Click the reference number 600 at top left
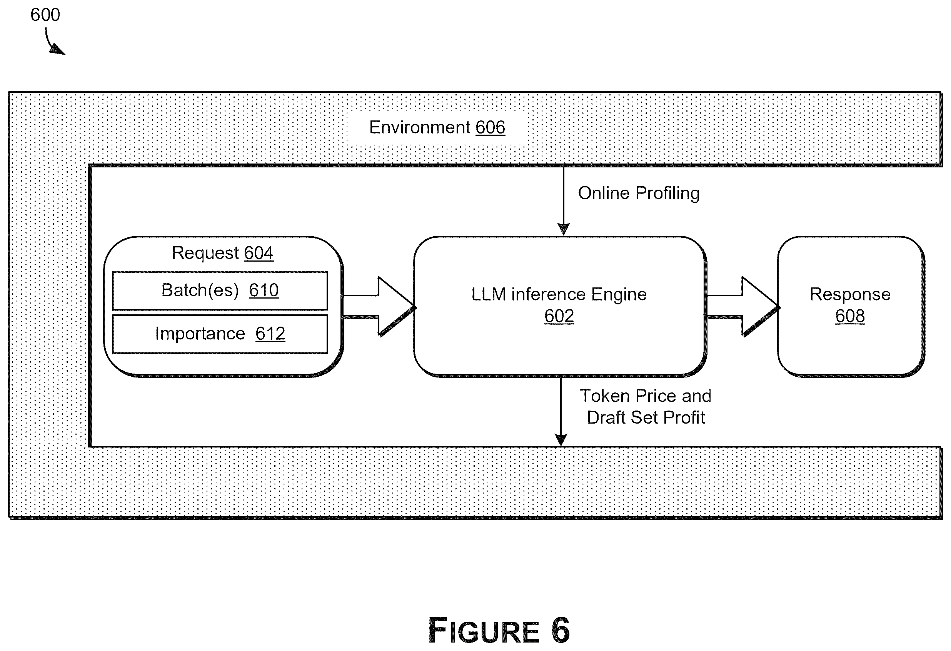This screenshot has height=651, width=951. (x=45, y=15)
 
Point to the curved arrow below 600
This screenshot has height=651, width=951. (x=51, y=43)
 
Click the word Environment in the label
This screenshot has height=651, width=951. (x=420, y=127)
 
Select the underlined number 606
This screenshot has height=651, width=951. (x=490, y=127)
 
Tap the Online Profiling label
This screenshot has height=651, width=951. (x=639, y=194)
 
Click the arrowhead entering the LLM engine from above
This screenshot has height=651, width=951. (x=564, y=230)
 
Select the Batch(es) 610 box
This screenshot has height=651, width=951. (x=220, y=290)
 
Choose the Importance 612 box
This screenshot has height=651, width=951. (x=220, y=334)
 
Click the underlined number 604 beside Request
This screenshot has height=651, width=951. (x=259, y=253)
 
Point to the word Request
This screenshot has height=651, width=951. (x=205, y=253)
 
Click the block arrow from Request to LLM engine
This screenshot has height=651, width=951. (x=379, y=307)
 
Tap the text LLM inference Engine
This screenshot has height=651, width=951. (x=559, y=295)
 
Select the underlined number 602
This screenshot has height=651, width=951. (x=559, y=316)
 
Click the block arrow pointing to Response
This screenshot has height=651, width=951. (x=743, y=307)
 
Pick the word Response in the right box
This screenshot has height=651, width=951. (x=850, y=295)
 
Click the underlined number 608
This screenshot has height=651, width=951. (x=850, y=316)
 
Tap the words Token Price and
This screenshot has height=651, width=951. (x=646, y=396)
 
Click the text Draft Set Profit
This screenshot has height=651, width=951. (x=646, y=418)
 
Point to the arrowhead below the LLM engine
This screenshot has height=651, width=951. (x=561, y=440)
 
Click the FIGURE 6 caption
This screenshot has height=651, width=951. (x=499, y=631)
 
